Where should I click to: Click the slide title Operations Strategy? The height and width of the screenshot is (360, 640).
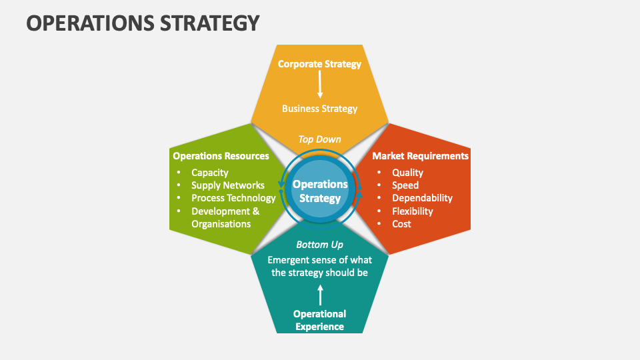pyautogui.click(x=143, y=23)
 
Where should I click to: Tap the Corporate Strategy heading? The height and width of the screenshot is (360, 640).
pyautogui.click(x=319, y=64)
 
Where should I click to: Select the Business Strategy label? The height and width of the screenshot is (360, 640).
pyautogui.click(x=319, y=109)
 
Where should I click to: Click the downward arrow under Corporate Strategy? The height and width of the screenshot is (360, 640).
pyautogui.click(x=320, y=85)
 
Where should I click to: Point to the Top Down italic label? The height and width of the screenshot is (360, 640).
pyautogui.click(x=319, y=139)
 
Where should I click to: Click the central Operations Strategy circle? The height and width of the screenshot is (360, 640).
pyautogui.click(x=320, y=191)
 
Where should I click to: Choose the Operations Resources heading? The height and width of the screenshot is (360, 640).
pyautogui.click(x=221, y=156)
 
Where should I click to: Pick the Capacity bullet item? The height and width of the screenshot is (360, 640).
pyautogui.click(x=209, y=173)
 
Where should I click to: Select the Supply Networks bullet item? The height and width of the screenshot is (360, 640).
pyautogui.click(x=227, y=185)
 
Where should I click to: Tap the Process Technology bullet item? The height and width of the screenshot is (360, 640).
pyautogui.click(x=233, y=198)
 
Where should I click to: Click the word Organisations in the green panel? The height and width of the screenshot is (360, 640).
pyautogui.click(x=221, y=224)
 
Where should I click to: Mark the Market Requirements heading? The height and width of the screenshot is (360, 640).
pyautogui.click(x=420, y=156)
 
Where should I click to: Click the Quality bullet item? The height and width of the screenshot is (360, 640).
pyautogui.click(x=407, y=173)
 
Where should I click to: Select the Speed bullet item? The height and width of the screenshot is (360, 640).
pyautogui.click(x=405, y=185)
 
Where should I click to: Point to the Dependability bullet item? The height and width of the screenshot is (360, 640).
pyautogui.click(x=422, y=198)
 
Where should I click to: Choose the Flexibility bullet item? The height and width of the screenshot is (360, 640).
pyautogui.click(x=412, y=211)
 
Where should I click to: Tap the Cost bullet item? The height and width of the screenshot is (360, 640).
pyautogui.click(x=401, y=224)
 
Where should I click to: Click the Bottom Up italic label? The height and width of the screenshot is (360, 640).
pyautogui.click(x=319, y=245)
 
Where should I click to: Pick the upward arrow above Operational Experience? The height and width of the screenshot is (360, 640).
pyautogui.click(x=320, y=295)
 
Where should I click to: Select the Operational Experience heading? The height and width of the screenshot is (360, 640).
pyautogui.click(x=320, y=320)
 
